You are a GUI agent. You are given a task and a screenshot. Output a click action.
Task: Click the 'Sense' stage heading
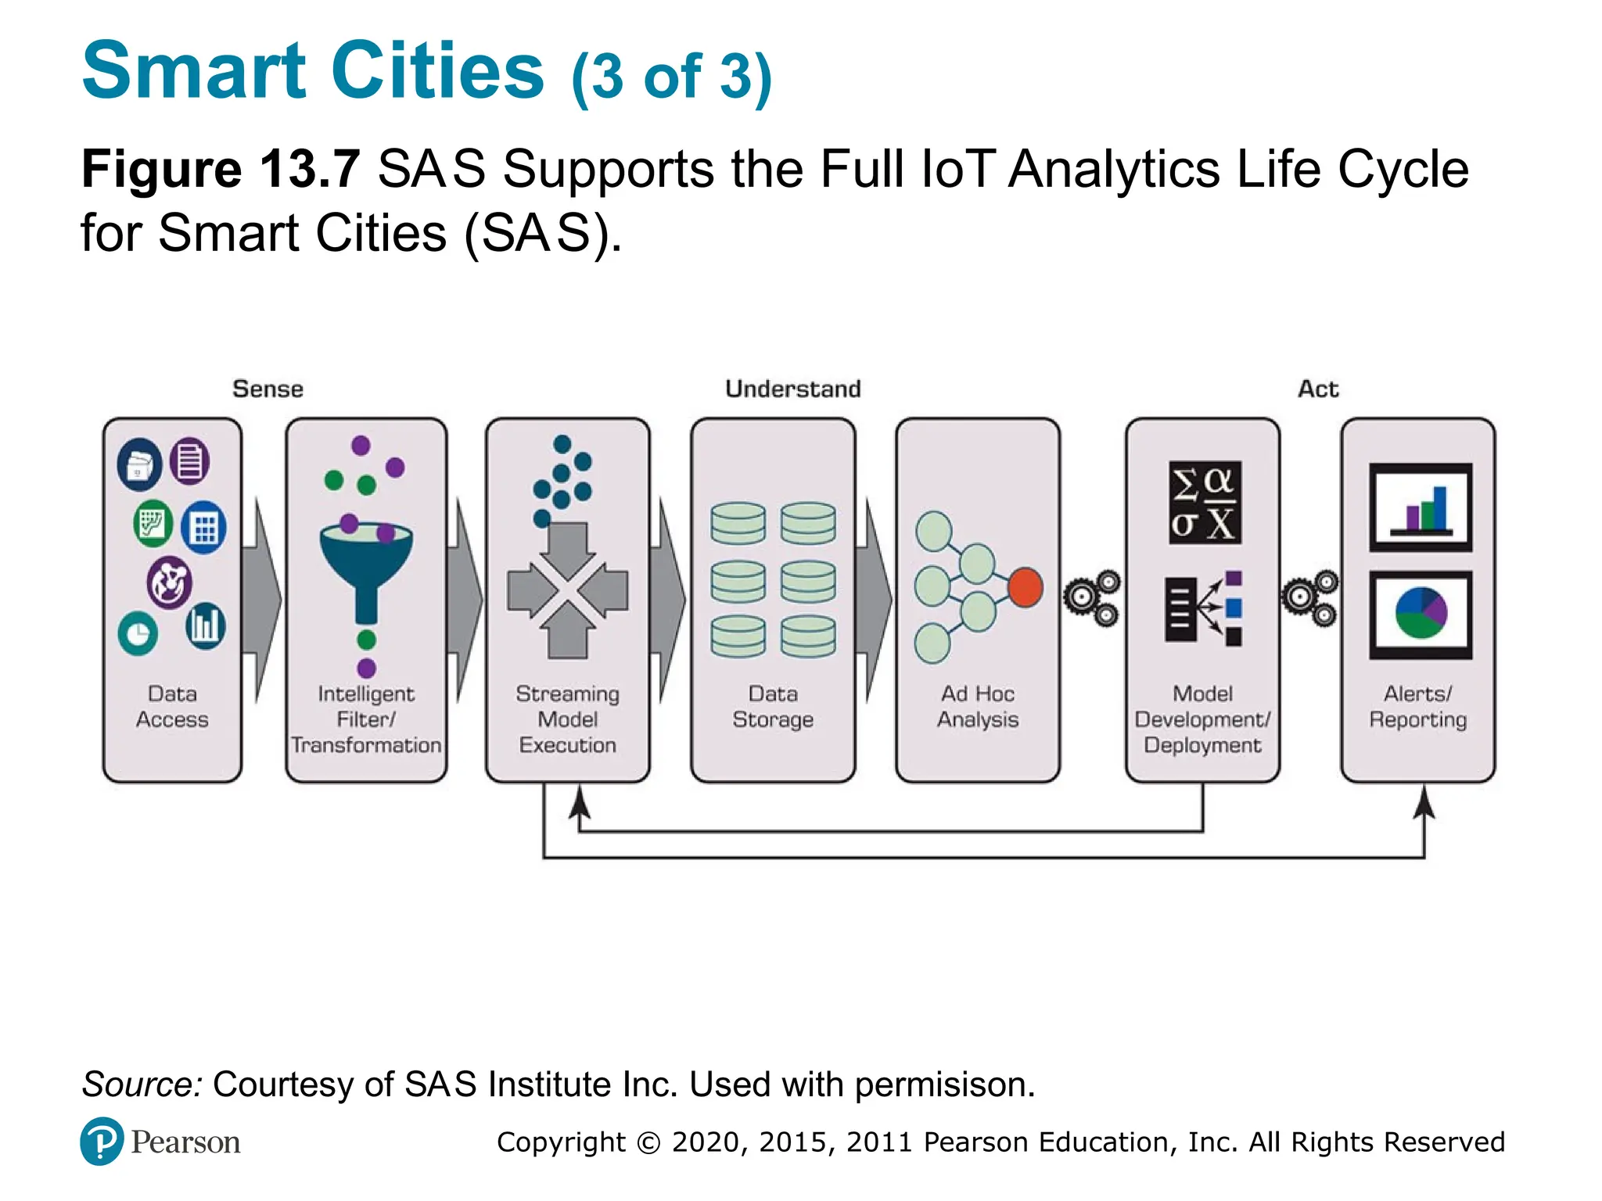268,389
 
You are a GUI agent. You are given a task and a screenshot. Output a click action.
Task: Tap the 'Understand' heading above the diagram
792,389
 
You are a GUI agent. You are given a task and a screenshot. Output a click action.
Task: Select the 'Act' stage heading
1318,389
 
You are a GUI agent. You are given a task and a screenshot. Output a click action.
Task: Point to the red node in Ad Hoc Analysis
1025,587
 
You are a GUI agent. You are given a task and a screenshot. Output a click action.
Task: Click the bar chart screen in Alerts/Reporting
1421,507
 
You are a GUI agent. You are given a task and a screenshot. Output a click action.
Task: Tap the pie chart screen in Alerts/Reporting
1421,615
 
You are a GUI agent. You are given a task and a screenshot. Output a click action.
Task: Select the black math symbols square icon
1205,503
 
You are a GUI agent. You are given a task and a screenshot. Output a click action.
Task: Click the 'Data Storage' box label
773,707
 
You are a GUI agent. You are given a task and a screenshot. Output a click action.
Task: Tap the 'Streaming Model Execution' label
568,719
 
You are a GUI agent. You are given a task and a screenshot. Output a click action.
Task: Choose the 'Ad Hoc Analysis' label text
978,707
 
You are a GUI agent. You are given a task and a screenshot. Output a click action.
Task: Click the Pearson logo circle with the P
102,1142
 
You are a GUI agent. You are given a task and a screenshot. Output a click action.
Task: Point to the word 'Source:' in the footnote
142,1084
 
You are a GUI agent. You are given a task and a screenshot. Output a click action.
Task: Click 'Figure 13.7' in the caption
221,170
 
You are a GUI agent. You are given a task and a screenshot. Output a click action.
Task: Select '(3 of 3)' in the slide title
671,77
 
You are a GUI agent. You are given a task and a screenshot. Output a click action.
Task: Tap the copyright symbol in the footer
648,1143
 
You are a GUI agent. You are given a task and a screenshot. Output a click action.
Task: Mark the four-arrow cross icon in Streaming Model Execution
568,591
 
